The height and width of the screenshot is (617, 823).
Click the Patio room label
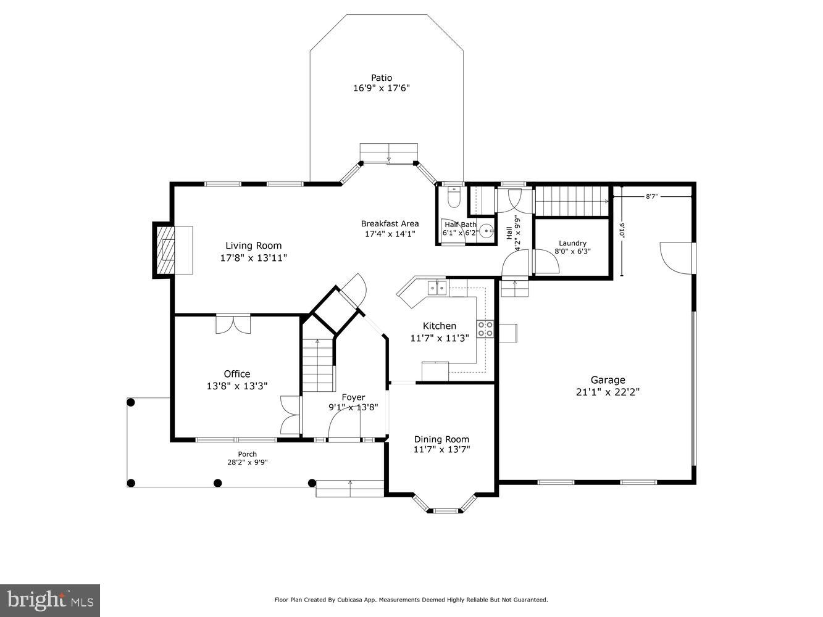pos(382,78)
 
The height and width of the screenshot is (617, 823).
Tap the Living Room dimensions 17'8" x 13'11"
pos(254,258)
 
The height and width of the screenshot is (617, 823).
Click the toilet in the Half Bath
pos(453,197)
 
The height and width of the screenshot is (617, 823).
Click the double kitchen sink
pos(437,288)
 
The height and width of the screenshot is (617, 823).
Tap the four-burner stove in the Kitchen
pos(485,329)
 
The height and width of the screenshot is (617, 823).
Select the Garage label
pos(608,380)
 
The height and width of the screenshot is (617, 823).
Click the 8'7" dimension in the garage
pos(651,196)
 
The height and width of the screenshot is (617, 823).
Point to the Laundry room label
pos(572,243)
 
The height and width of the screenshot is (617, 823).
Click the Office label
pos(237,373)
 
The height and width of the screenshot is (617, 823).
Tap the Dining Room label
pos(441,439)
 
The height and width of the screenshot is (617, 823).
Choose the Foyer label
pos(353,397)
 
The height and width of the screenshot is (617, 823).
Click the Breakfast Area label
pos(390,223)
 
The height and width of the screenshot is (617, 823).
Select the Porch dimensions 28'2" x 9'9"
pos(248,462)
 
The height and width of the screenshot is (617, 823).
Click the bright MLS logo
pos(50,600)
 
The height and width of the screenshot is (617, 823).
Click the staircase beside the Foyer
pos(318,365)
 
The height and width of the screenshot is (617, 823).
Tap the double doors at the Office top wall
pos(233,325)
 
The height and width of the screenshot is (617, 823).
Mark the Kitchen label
pos(440,326)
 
